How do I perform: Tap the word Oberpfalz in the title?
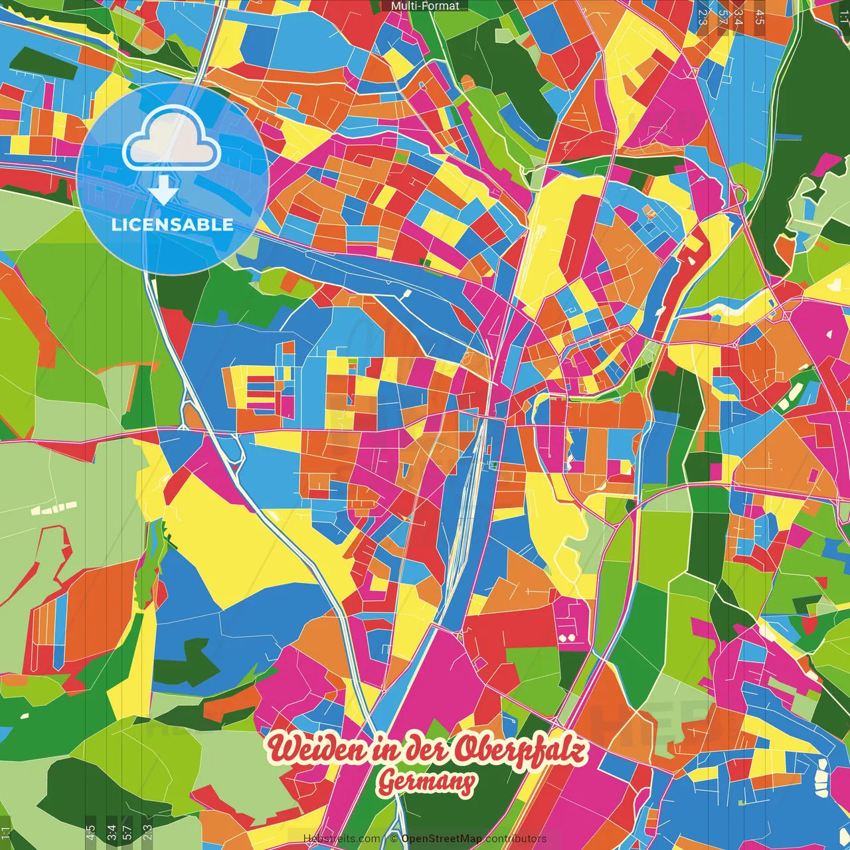tap(522, 750)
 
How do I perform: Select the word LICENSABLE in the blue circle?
tap(172, 224)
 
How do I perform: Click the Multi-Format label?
tap(425, 6)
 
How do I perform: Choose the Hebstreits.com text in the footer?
tap(341, 839)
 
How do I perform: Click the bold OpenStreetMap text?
tap(442, 839)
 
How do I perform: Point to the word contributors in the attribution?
tap(516, 839)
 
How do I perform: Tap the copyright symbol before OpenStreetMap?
tap(393, 839)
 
